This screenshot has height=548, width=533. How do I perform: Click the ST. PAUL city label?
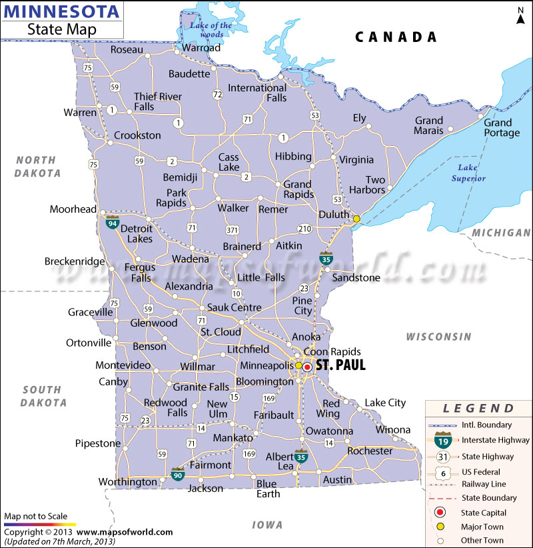click(x=340, y=365)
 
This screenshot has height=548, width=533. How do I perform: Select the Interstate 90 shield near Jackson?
click(x=178, y=474)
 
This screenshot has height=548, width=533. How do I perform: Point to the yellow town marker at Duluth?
click(x=356, y=219)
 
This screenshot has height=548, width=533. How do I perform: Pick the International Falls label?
click(x=257, y=93)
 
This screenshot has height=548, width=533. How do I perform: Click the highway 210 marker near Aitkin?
click(x=305, y=229)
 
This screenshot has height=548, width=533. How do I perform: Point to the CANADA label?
click(x=396, y=37)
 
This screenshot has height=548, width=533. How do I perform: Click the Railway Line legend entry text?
click(x=483, y=483)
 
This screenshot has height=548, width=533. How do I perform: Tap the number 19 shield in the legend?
click(x=441, y=440)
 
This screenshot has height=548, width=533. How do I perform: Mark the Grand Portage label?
click(x=501, y=127)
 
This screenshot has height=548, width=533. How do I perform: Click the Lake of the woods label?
click(x=211, y=30)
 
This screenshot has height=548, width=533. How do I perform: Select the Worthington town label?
click(x=127, y=482)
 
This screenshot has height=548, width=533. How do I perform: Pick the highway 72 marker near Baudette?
click(x=217, y=95)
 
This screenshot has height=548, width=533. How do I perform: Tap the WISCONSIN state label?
click(x=438, y=337)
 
